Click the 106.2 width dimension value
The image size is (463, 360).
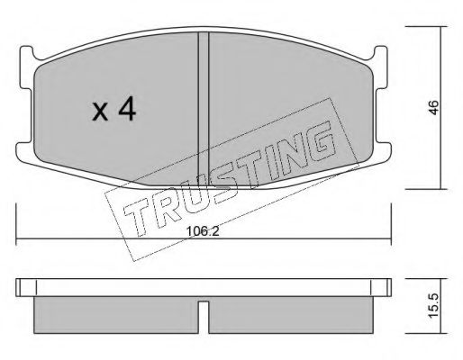point(203,231)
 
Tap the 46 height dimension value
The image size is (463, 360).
point(434,107)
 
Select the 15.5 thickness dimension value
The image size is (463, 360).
point(434,306)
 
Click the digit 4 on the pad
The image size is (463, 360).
point(127,110)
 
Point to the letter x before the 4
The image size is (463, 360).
point(100,112)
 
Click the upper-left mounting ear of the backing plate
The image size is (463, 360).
point(26,67)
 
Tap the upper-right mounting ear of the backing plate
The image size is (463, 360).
point(380,67)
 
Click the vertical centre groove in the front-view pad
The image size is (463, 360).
point(204,110)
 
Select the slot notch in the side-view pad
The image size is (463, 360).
point(204,318)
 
